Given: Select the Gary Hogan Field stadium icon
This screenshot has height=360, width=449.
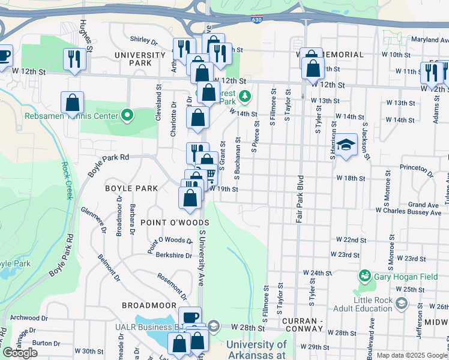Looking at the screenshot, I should (x=364, y=275).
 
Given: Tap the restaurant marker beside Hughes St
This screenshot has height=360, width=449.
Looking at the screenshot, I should (x=74, y=59).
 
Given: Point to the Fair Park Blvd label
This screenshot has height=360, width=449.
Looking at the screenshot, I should (x=298, y=199).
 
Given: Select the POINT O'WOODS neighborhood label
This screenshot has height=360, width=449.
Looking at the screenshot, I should (x=175, y=223).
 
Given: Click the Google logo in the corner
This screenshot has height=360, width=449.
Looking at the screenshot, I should (x=20, y=353).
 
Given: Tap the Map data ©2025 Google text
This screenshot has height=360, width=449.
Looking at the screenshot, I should (x=412, y=355).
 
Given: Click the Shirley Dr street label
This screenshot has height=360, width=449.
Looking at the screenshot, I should (x=143, y=43).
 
